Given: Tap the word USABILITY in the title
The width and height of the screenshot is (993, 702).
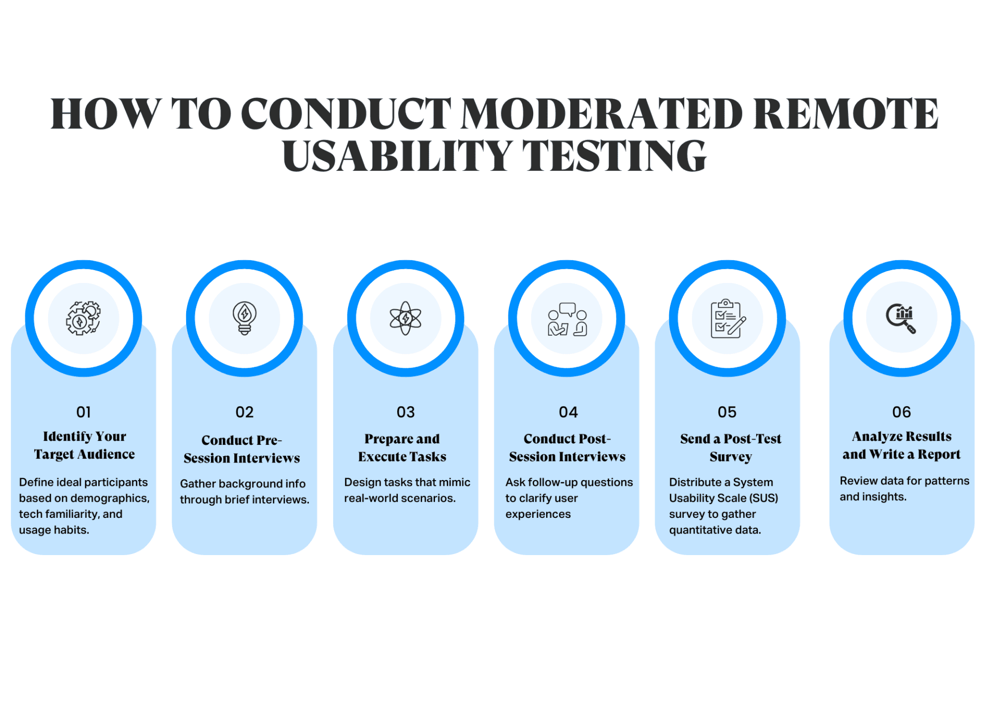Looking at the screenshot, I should pyautogui.click(x=397, y=156).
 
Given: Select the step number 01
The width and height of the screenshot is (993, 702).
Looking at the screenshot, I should pyautogui.click(x=83, y=412).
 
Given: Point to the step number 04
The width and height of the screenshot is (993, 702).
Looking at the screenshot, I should pyautogui.click(x=568, y=412).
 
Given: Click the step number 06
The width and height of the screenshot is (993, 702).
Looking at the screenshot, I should pyautogui.click(x=901, y=412).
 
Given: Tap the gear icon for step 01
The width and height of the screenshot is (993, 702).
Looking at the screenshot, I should pyautogui.click(x=83, y=318).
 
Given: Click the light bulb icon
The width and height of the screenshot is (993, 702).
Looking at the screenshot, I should pyautogui.click(x=244, y=318).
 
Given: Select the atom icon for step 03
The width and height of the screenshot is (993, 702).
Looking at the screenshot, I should pyautogui.click(x=405, y=318).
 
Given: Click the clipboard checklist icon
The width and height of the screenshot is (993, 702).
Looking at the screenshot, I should pyautogui.click(x=728, y=319).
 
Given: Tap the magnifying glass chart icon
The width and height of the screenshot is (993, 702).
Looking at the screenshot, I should pyautogui.click(x=901, y=318).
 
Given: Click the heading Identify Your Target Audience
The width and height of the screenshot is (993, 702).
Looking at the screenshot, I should pyautogui.click(x=84, y=445).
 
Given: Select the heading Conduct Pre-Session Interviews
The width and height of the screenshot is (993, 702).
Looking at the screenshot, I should pyautogui.click(x=242, y=449).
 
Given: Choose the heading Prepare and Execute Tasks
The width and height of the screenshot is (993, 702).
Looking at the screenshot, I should pyautogui.click(x=402, y=448).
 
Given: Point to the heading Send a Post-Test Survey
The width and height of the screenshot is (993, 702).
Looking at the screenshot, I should pyautogui.click(x=730, y=448).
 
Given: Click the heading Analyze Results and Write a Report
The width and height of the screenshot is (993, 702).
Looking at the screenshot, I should pyautogui.click(x=901, y=445).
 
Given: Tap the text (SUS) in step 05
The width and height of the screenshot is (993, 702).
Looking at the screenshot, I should pyautogui.click(x=764, y=498).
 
